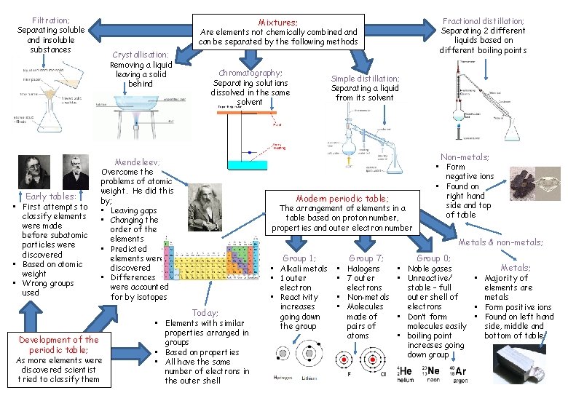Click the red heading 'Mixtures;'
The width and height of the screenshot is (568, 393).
(278, 23)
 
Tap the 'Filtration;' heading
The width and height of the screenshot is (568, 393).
(51, 20)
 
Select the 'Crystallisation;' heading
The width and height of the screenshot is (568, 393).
(141, 55)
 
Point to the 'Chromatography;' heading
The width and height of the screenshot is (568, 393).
(251, 73)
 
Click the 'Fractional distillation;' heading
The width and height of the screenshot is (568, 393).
(484, 21)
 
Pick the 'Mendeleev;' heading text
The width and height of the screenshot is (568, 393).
(137, 162)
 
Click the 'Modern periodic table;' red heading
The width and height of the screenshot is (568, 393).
(342, 198)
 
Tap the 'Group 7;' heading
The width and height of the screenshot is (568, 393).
(366, 258)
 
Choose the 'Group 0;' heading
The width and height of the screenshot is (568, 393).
(433, 258)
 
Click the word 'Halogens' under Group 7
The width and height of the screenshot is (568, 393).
(363, 269)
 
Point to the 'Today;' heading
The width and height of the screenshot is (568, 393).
(205, 313)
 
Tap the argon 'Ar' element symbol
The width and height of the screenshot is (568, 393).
(460, 373)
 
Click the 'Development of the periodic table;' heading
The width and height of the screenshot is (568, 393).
(59, 345)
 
